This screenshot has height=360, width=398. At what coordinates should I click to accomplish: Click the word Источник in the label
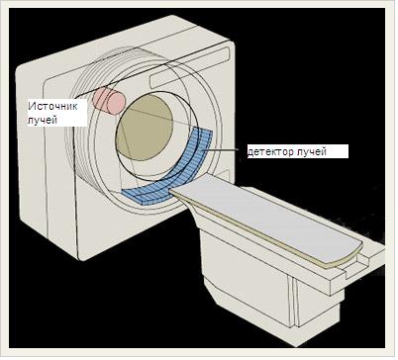[52, 107]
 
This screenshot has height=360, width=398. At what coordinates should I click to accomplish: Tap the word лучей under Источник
[43, 120]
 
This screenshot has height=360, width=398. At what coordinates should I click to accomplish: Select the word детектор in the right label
[270, 151]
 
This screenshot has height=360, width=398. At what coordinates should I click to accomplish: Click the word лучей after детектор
[312, 151]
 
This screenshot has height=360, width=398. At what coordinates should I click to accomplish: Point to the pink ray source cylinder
[109, 101]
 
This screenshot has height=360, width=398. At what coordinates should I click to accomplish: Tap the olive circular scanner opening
[146, 128]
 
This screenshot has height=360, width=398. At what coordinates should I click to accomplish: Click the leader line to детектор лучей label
[222, 150]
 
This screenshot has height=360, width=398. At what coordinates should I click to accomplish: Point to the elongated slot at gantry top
[189, 66]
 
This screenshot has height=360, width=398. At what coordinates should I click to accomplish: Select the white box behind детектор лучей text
[298, 151]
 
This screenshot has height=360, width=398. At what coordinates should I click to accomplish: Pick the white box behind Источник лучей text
[56, 113]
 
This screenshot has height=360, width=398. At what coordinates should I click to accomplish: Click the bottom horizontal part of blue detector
[147, 197]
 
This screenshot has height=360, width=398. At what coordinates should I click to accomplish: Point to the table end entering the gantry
[178, 192]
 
